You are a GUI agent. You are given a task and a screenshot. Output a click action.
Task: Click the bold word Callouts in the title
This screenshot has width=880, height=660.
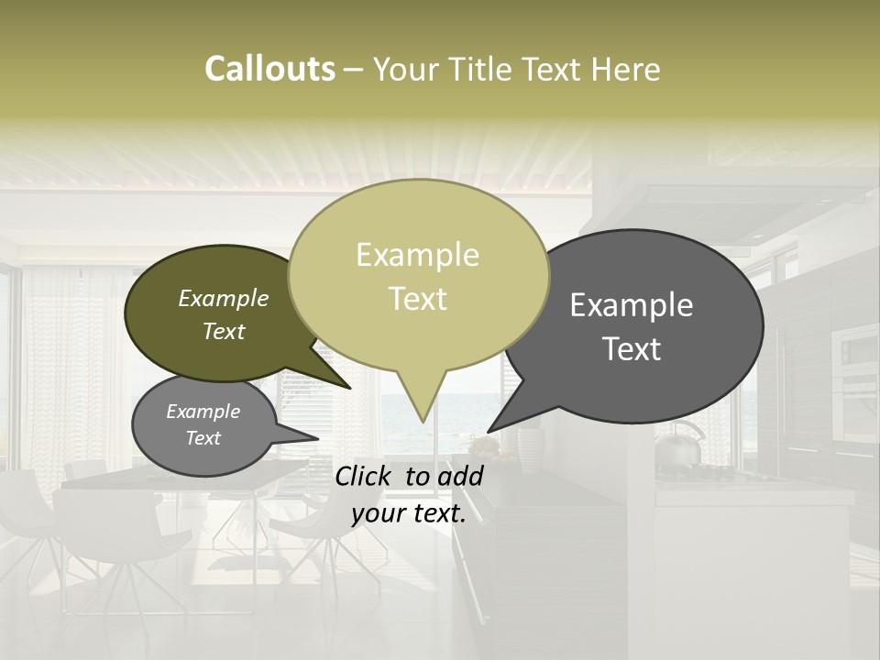pos(269,69)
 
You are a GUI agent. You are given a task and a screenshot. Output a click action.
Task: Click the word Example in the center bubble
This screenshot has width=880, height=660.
pos(418,255)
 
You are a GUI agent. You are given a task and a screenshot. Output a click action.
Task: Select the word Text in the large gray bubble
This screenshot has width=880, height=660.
pos(632,349)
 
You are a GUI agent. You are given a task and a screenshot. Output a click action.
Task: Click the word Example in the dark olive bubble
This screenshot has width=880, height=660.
pos(224,299)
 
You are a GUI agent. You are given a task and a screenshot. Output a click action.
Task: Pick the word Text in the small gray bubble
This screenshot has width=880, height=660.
pos(203,438)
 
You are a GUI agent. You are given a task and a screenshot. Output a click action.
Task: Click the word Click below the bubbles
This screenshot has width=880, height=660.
pos(366,476)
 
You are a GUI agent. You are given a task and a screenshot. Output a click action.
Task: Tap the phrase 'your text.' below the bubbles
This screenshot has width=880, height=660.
pos(409,513)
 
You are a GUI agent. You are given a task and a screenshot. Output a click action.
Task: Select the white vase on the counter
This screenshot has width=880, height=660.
pos(530,447)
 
